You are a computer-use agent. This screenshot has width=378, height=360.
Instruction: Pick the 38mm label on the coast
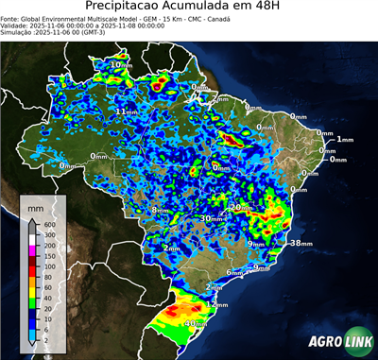[x=301, y=243]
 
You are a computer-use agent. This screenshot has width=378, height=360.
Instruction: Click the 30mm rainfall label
[x=211, y=218]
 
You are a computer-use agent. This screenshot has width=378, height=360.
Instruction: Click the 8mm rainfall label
[x=161, y=210]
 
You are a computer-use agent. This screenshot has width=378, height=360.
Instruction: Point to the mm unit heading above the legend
[x=36, y=205]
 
